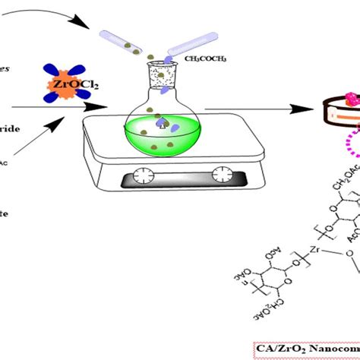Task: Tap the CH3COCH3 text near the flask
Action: (x=204, y=56)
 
